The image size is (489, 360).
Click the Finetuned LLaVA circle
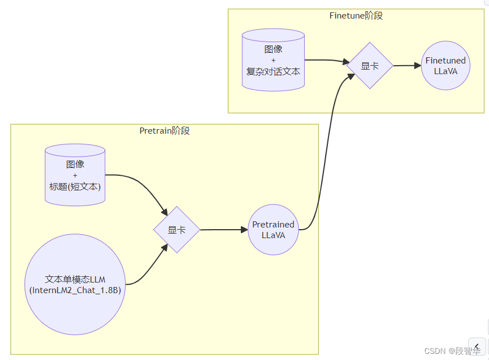pos(445,66)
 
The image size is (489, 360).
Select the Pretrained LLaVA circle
pos(273,230)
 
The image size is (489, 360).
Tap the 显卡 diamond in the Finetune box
pos(369,66)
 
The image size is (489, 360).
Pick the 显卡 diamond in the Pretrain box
pos(177,230)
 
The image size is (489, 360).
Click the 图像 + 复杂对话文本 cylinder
pos(273,60)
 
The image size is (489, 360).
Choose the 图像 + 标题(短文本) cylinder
pos(75,174)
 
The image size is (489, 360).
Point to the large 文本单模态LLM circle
pos(75,284)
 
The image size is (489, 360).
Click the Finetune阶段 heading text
pos(356,16)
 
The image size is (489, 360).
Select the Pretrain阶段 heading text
pos(164,131)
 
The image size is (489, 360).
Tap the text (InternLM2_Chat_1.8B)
pos(75,290)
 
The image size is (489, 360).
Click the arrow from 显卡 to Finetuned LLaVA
pos(407,66)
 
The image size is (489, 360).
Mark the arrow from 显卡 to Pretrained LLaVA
pos(224,230)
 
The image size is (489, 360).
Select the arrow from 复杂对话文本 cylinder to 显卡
pos(326,60)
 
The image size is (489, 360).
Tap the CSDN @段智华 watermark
pos(452,351)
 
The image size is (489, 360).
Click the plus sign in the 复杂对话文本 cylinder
pos(273,60)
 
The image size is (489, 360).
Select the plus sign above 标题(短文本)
pos(75,175)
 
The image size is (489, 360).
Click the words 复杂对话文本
pos(273,71)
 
